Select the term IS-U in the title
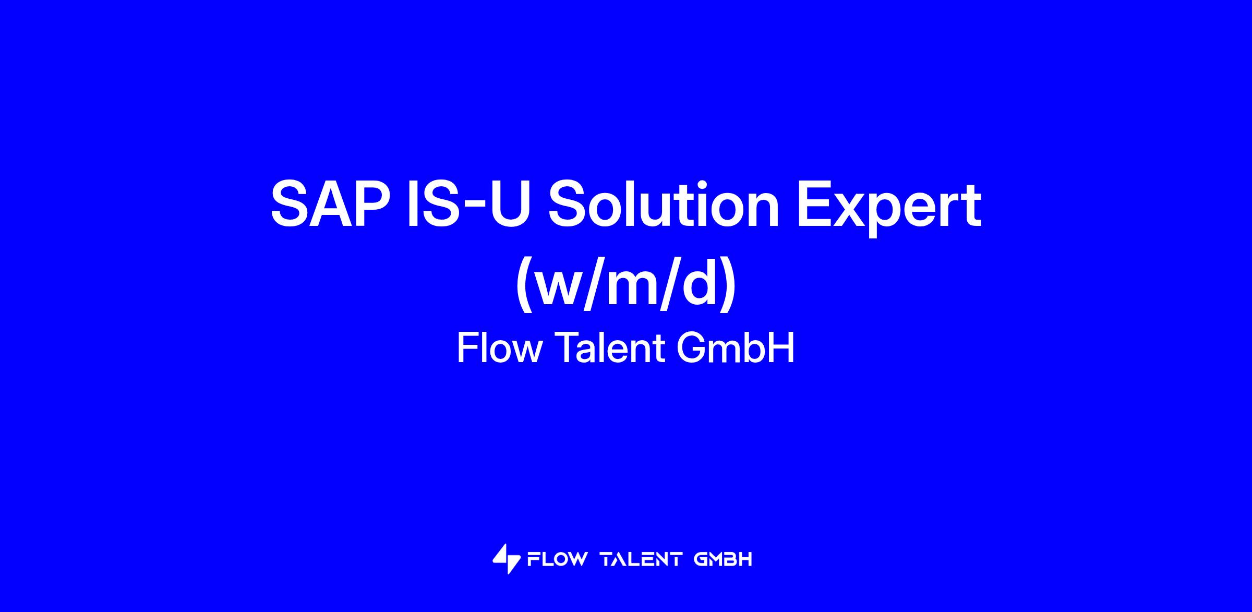click(x=469, y=203)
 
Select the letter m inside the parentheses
click(x=639, y=286)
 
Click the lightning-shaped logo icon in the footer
click(x=506, y=559)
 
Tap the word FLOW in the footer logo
click(x=557, y=560)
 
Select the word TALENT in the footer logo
click(x=641, y=560)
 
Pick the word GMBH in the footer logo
click(x=723, y=560)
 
